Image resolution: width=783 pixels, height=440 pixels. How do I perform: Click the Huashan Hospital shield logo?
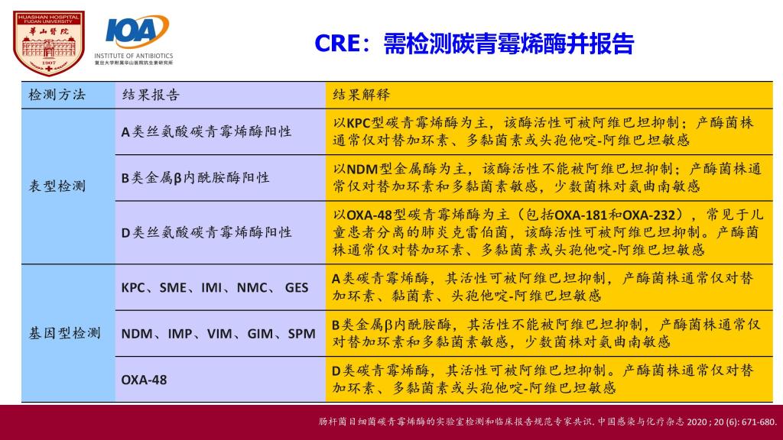click(48, 44)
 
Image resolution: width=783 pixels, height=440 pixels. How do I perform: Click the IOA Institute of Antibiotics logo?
click(134, 40)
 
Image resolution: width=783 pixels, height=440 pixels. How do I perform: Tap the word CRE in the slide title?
click(337, 44)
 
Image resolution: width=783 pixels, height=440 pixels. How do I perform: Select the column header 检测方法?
click(57, 95)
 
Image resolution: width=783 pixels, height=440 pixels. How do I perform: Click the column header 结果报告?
click(151, 95)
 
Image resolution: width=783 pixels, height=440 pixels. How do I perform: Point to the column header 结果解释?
click(361, 95)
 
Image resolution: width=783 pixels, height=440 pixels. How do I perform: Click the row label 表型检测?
click(57, 186)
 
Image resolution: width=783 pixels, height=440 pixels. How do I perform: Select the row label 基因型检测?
click(64, 333)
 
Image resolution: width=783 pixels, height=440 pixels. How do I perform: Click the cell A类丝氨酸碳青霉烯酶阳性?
click(206, 131)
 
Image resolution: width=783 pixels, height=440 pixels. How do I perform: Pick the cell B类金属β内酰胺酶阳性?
click(195, 177)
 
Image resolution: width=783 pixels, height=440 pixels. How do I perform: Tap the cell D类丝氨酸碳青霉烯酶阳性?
click(206, 232)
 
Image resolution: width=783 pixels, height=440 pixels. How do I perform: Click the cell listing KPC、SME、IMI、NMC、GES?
click(215, 288)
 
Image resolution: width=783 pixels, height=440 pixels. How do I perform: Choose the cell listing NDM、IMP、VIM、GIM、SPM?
click(218, 334)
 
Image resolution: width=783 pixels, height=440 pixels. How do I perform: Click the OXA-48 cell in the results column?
click(144, 380)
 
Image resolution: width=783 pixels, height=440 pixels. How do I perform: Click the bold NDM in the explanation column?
click(362, 169)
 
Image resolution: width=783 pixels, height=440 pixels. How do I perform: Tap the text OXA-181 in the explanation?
click(580, 215)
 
